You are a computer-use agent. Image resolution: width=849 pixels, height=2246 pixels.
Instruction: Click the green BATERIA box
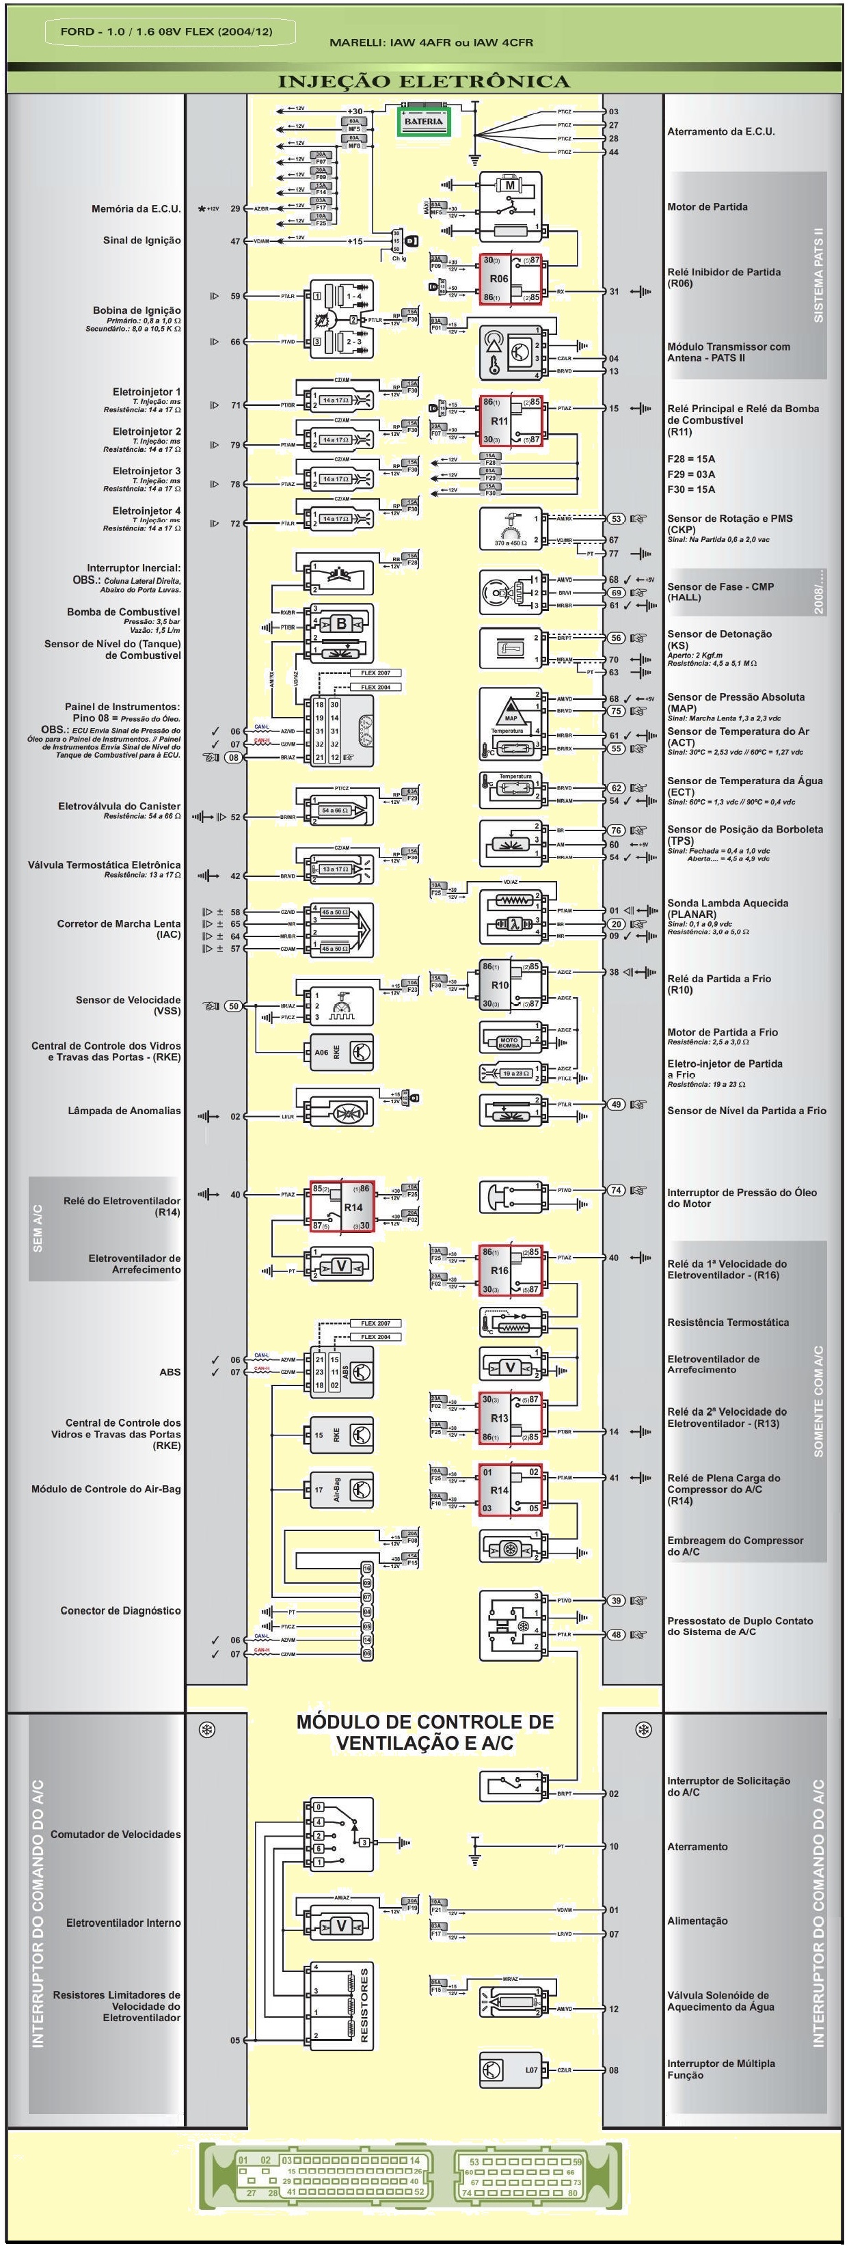[x=424, y=122]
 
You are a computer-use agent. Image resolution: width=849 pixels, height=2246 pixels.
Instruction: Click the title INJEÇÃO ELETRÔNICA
[x=424, y=82]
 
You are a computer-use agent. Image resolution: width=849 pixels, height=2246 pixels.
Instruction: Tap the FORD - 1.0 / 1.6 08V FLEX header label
[x=167, y=31]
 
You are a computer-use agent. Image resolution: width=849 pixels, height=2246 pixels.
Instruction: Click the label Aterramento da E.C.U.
[x=721, y=132]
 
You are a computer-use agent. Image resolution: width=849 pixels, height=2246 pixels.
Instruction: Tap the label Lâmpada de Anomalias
[x=124, y=1111]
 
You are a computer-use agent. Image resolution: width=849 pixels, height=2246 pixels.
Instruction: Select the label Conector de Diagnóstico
[x=120, y=1610]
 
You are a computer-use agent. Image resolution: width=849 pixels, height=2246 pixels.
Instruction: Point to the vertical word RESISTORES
[x=364, y=2005]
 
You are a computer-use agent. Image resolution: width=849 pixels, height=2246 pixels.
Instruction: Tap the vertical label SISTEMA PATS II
[x=818, y=275]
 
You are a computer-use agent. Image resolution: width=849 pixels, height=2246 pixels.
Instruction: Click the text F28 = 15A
[x=691, y=459]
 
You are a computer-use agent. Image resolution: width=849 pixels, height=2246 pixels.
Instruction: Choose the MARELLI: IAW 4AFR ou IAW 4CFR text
[x=431, y=42]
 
